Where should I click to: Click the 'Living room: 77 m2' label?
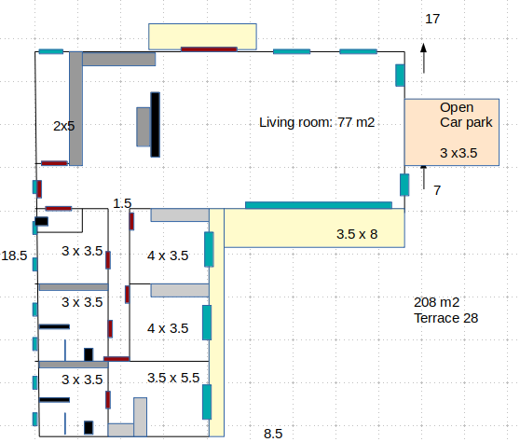[317, 122]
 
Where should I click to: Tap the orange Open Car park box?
[452, 132]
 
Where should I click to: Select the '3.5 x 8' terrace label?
[357, 234]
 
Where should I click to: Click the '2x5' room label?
[64, 126]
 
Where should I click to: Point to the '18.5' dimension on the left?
[14, 256]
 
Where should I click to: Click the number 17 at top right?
[432, 19]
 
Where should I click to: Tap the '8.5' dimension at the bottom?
[273, 434]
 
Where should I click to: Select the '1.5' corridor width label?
[122, 203]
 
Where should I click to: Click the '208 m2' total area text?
[437, 302]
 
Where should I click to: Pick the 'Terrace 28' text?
[446, 318]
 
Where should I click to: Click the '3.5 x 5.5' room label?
[173, 378]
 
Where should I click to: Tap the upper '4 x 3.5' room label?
[168, 256]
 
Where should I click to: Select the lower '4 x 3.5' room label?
[168, 328]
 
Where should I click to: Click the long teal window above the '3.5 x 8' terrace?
[319, 205]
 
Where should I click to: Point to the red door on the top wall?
[209, 49]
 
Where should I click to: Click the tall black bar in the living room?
[156, 125]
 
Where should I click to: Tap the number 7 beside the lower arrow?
[437, 190]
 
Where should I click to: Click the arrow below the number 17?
[423, 59]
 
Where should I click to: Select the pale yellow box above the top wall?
[202, 36]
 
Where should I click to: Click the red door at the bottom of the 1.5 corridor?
[116, 359]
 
